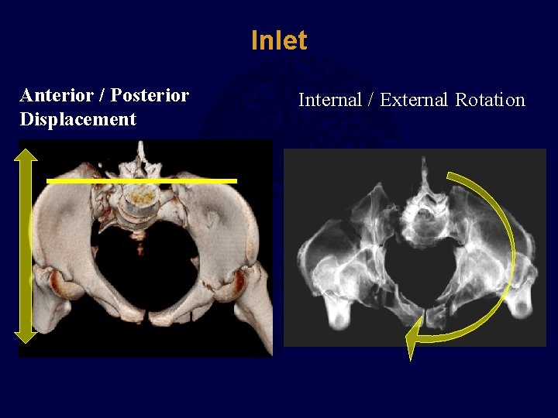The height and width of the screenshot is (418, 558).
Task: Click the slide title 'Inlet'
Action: (x=279, y=41)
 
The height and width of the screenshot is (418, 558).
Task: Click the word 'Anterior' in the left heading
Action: (x=57, y=95)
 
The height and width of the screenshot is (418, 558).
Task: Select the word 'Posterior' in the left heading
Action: (x=150, y=95)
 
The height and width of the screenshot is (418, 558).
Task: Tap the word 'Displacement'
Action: (x=77, y=119)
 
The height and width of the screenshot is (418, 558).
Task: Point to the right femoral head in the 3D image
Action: (x=233, y=283)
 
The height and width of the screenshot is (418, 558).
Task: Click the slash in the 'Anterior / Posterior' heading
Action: (x=102, y=95)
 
